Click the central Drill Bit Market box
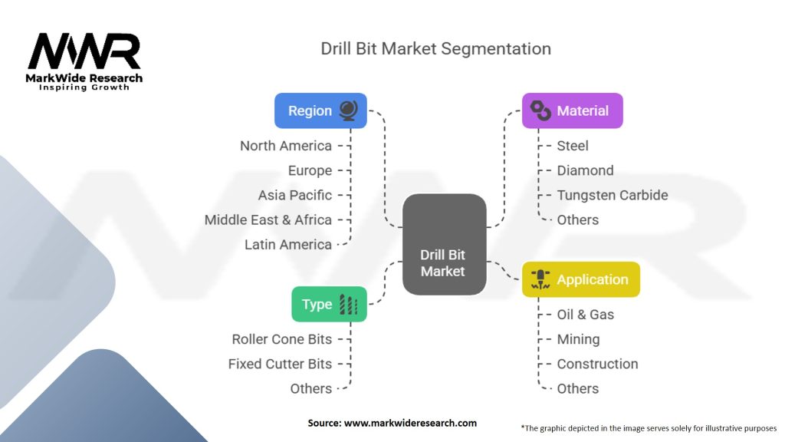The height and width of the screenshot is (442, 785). [444, 245]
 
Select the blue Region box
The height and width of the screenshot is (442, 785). [320, 110]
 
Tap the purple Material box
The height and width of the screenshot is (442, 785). [572, 110]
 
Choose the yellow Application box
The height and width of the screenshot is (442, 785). [580, 279]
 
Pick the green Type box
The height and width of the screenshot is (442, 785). [329, 304]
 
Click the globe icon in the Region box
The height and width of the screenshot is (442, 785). [347, 110]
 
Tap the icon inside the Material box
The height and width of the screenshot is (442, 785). [541, 110]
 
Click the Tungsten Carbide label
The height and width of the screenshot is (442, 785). [613, 195]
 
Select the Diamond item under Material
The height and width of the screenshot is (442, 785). [585, 170]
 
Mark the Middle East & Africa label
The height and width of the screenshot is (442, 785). [268, 219]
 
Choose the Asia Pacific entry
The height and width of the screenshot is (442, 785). [295, 195]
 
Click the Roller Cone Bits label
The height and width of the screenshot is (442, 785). [282, 339]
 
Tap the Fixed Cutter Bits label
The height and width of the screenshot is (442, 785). [280, 364]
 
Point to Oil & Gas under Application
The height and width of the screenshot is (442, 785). [586, 315]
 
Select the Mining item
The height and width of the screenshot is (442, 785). [578, 339]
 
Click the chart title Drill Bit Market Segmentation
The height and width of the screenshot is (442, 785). [435, 48]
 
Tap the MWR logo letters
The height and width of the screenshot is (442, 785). [84, 51]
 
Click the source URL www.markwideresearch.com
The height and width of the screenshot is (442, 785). [409, 423]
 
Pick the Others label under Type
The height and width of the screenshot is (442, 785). [311, 388]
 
